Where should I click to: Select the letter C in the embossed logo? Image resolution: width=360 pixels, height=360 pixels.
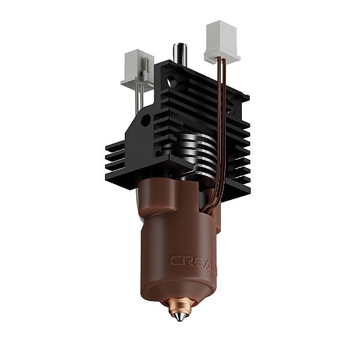click(175, 261)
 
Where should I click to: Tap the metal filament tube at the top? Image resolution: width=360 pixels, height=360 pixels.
click(179, 54)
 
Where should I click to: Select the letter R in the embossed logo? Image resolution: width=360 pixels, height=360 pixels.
click(187, 262)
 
